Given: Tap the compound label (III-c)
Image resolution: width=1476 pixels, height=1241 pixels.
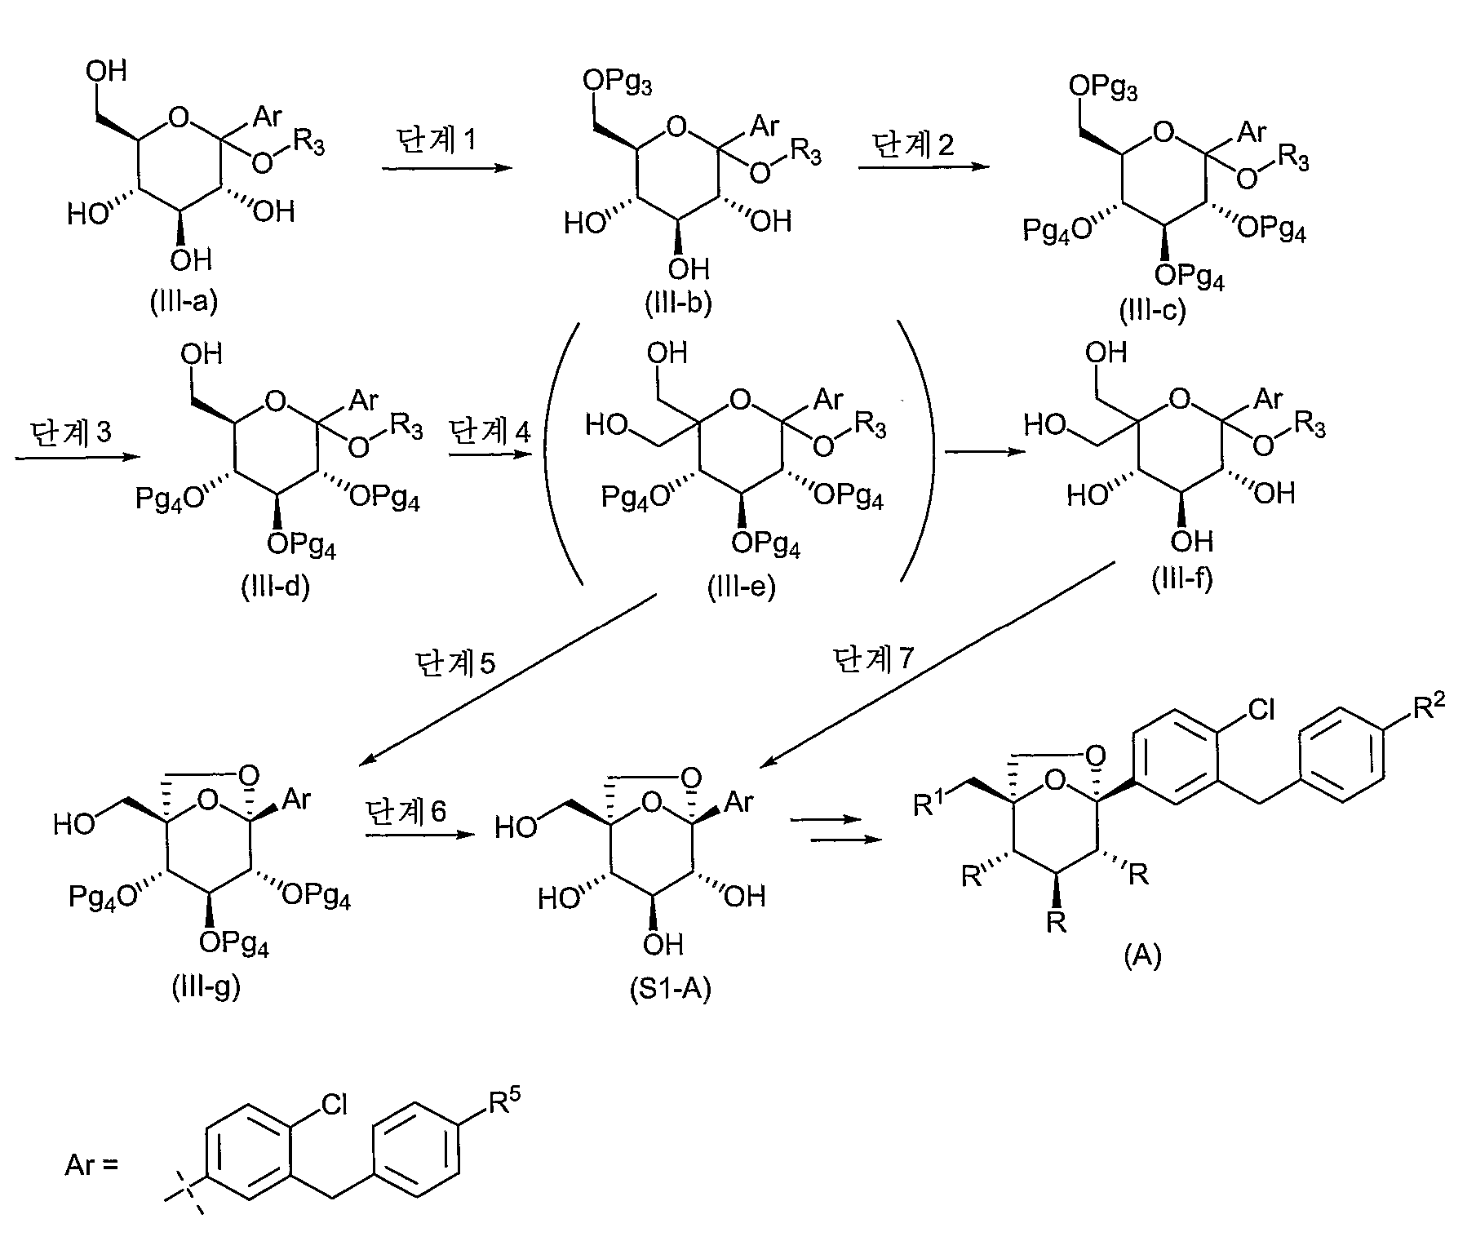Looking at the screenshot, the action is tap(1151, 310).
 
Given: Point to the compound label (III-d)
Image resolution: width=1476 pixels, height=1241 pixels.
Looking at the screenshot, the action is tap(275, 587).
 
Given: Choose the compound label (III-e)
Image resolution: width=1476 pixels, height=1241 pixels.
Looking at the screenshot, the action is tap(741, 587).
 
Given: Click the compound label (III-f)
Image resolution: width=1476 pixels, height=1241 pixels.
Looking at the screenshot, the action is tap(1182, 578).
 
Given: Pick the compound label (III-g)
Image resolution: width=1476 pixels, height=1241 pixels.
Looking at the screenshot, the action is tap(206, 988).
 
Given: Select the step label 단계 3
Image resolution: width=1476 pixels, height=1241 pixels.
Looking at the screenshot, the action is tap(70, 431).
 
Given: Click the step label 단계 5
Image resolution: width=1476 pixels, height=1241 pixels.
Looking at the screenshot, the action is tap(454, 663).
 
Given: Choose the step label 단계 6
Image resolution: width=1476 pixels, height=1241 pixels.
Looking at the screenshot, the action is tap(406, 812).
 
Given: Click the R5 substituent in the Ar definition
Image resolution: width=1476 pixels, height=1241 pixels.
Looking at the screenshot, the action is tap(504, 1105).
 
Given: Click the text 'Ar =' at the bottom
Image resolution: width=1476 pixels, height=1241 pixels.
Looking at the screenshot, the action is tap(91, 1164).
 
